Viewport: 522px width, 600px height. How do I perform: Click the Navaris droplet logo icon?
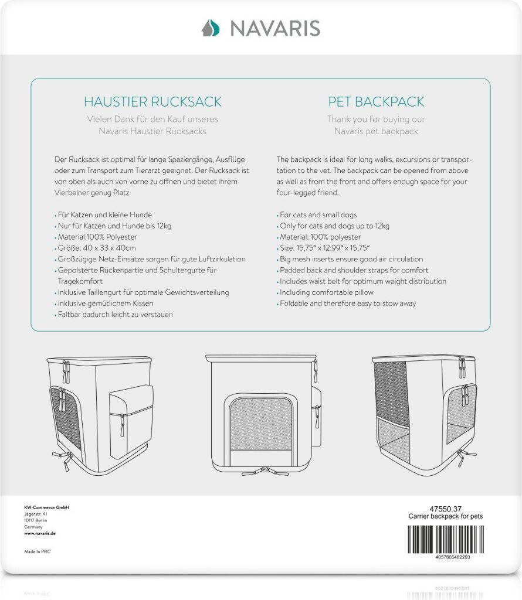click(210, 28)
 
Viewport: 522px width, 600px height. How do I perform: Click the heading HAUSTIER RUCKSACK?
click(152, 102)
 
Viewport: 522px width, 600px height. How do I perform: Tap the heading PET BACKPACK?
click(376, 102)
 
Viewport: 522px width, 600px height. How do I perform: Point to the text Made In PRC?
click(38, 551)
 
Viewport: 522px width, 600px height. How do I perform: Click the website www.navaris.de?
click(40, 534)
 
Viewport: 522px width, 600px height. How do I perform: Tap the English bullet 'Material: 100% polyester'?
click(320, 237)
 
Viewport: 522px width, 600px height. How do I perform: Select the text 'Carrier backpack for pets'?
click(446, 516)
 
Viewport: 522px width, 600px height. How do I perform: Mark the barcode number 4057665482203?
click(445, 557)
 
